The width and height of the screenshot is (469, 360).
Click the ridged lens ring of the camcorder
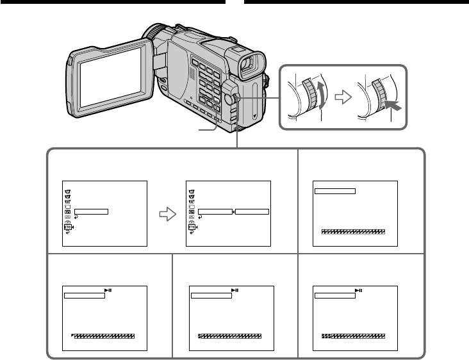tap(154, 33)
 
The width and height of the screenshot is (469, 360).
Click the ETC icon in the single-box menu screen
tap(67, 227)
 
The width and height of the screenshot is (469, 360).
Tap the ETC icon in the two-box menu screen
tap(191, 227)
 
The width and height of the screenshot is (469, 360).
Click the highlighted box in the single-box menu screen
tap(91, 211)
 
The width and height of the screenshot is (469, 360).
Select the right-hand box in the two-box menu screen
tap(251, 211)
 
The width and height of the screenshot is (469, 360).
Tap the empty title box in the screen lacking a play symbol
tap(334, 190)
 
